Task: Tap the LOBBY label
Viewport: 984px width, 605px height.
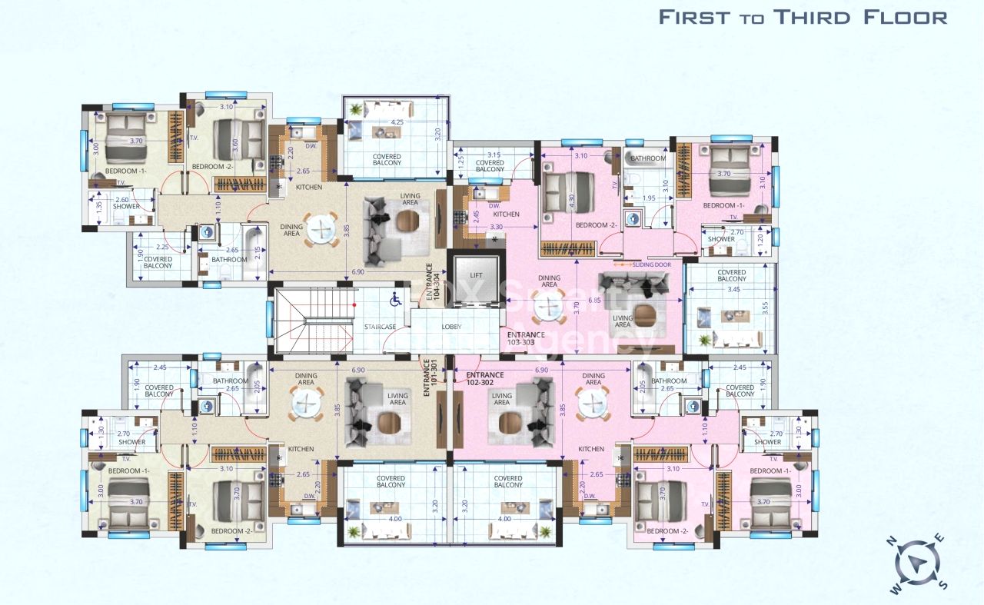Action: pyautogui.click(x=452, y=327)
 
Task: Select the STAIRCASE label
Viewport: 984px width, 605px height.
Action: pyautogui.click(x=380, y=327)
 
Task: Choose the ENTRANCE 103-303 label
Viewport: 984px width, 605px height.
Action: pyautogui.click(x=526, y=338)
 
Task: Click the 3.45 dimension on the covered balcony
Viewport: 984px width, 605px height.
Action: pyautogui.click(x=730, y=288)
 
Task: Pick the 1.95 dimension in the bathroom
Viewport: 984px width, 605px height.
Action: pyautogui.click(x=649, y=198)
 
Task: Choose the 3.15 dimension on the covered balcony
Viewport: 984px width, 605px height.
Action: pyautogui.click(x=494, y=155)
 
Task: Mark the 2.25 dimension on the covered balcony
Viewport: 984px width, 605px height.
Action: pyautogui.click(x=161, y=247)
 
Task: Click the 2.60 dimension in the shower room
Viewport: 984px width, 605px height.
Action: pyautogui.click(x=122, y=200)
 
